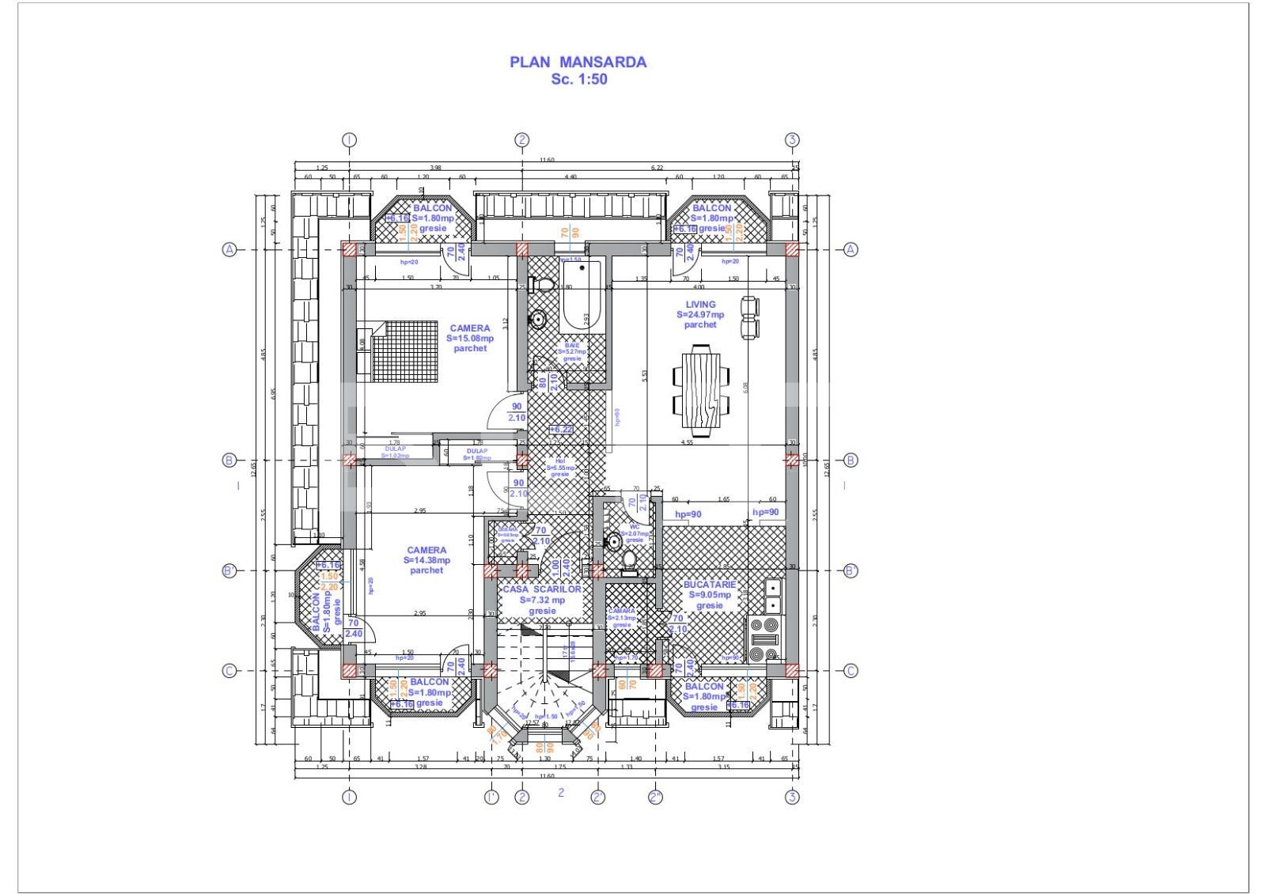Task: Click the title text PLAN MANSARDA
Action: pyautogui.click(x=578, y=62)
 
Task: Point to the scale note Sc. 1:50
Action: pyautogui.click(x=578, y=79)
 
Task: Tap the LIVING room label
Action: pyautogui.click(x=700, y=305)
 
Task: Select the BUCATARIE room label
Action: pyautogui.click(x=709, y=585)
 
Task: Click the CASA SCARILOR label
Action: pyautogui.click(x=542, y=589)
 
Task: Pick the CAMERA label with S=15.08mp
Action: pyautogui.click(x=470, y=328)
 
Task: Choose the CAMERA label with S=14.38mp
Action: pyautogui.click(x=426, y=550)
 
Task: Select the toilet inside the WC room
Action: pyautogui.click(x=629, y=559)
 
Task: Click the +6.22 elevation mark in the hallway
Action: pyautogui.click(x=561, y=429)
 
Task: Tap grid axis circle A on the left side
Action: pyautogui.click(x=229, y=249)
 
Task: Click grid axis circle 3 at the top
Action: pyautogui.click(x=792, y=140)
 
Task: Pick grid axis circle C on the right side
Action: pyautogui.click(x=851, y=671)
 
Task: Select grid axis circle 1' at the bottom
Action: pyautogui.click(x=491, y=797)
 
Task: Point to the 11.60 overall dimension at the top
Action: pyautogui.click(x=546, y=161)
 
